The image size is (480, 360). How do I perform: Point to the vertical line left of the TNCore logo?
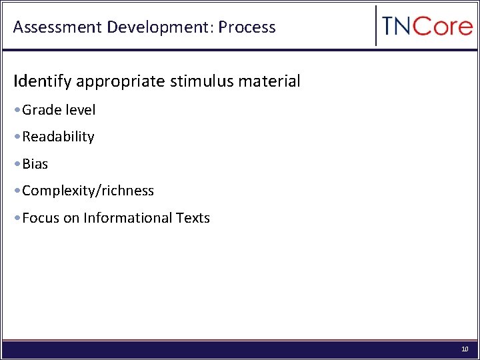pos(377,26)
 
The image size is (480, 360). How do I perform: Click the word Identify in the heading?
pos(43,82)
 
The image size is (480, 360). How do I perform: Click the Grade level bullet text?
pos(59,110)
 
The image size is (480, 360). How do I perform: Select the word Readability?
pos(58,137)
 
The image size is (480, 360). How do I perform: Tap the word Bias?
pos(35,164)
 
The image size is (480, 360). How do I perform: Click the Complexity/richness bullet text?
pos(88,191)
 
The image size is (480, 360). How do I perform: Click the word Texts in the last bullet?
pos(193,218)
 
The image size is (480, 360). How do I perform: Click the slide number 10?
pos(465,349)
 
